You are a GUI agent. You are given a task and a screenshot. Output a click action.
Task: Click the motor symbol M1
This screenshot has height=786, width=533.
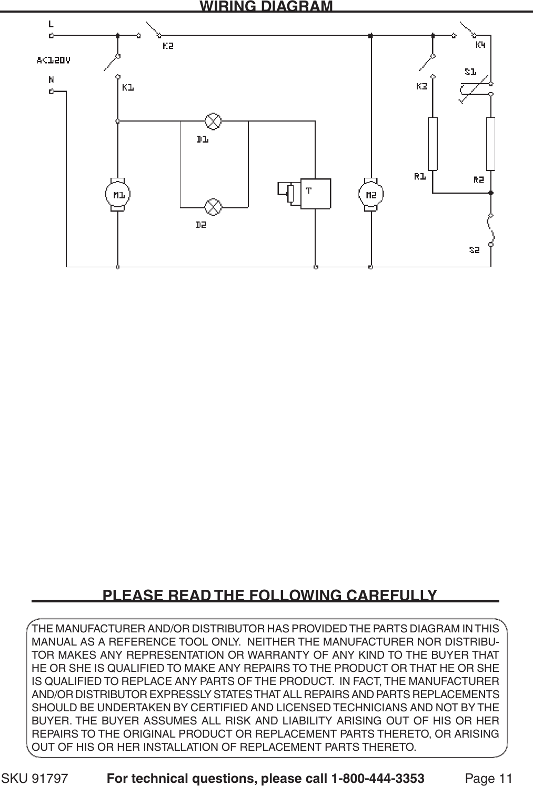118,195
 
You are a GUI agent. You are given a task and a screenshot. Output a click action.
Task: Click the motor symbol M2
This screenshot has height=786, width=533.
371,195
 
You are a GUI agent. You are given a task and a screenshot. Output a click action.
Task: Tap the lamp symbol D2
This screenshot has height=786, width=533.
213,206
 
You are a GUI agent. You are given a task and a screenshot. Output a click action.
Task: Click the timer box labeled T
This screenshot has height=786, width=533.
315,195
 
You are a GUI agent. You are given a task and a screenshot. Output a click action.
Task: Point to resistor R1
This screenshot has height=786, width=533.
433,144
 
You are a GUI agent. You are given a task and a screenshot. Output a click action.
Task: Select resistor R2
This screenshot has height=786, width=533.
491,144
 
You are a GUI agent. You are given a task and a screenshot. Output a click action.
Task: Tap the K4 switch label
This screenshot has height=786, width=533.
481,45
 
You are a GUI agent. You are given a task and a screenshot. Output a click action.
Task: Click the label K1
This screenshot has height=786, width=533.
128,88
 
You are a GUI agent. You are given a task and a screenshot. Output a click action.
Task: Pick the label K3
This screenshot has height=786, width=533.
422,86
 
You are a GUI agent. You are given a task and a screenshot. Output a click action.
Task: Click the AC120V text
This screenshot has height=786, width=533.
53,60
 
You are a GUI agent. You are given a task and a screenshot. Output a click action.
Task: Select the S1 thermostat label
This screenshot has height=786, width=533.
470,71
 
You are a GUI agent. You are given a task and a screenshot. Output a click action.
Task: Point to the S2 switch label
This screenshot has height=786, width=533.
475,250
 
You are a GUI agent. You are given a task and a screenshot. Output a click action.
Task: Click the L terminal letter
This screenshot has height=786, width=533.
51,23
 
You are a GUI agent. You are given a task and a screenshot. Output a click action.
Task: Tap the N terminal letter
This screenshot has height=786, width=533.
51,80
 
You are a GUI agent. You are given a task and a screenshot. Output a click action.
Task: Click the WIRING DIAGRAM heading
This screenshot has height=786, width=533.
266,6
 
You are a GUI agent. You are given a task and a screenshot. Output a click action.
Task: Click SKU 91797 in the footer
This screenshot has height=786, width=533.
36,778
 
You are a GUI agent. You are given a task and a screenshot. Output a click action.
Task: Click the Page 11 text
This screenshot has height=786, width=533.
488,778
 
